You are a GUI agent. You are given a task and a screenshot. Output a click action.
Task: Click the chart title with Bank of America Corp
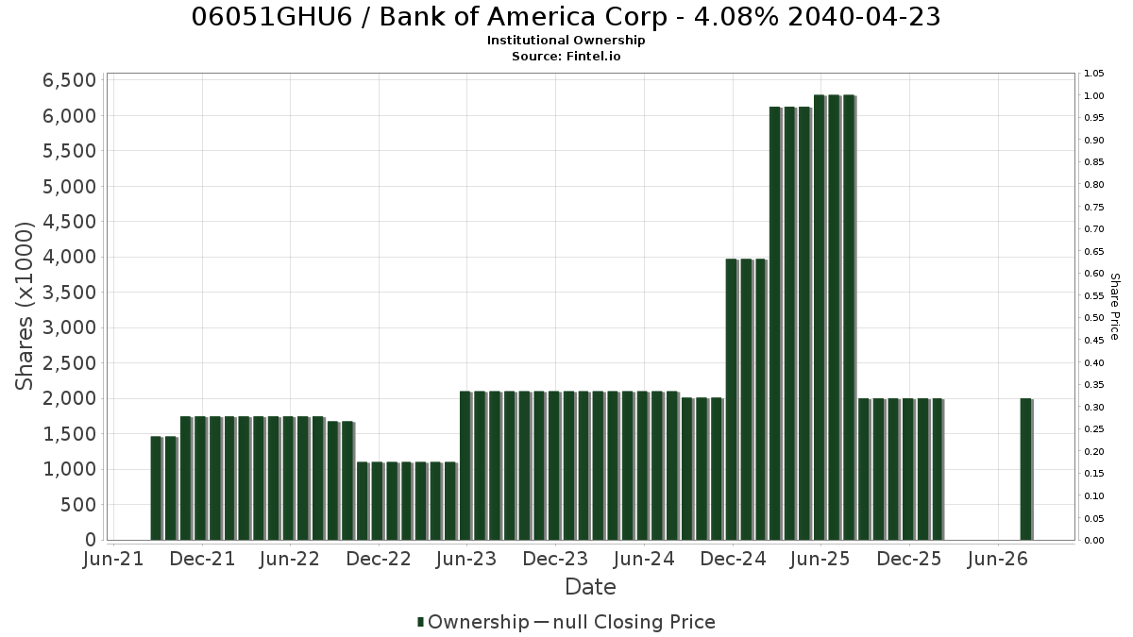click(566, 17)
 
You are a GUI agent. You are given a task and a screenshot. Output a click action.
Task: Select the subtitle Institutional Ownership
click(566, 41)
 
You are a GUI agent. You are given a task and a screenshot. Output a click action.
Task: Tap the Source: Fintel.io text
click(566, 56)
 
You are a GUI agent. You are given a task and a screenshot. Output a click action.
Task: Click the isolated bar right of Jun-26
click(1025, 469)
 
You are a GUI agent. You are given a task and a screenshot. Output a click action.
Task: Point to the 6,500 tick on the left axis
click(69, 80)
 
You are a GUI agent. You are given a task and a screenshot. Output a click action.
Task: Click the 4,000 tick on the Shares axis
click(69, 257)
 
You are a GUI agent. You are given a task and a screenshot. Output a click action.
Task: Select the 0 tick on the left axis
click(91, 540)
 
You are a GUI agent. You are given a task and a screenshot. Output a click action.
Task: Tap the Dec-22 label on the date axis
click(379, 559)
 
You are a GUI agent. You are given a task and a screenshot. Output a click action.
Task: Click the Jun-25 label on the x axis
click(820, 559)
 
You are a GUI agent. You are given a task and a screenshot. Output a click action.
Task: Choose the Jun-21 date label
click(113, 559)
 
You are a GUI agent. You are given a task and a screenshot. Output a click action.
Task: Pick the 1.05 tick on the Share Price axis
click(1094, 74)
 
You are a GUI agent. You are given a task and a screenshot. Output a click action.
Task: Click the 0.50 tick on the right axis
click(1094, 318)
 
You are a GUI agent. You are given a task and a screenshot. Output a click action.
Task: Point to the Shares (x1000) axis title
click(24, 306)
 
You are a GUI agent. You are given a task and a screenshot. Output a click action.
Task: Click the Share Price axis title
click(1115, 307)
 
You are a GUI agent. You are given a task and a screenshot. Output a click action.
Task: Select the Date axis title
click(590, 587)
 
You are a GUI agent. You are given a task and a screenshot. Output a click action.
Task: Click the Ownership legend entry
click(473, 622)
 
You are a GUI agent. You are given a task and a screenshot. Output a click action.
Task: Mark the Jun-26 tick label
click(997, 559)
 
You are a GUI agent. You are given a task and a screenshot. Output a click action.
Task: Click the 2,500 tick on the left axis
click(69, 363)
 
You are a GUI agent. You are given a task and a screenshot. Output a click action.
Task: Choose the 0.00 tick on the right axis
click(1094, 541)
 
